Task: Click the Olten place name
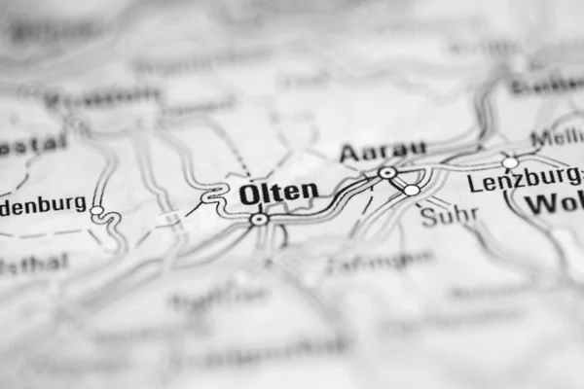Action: click(x=278, y=193)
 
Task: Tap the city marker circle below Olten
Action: click(x=259, y=220)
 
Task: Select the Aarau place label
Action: click(x=383, y=152)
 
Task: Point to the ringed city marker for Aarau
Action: click(x=387, y=173)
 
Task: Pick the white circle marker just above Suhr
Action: click(x=412, y=190)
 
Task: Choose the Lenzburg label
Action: click(x=522, y=181)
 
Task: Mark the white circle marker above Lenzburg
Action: click(x=510, y=162)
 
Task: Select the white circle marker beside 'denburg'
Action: click(x=96, y=210)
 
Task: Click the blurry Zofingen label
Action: click(x=380, y=261)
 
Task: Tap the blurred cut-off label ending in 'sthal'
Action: click(x=34, y=265)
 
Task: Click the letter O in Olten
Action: click(x=249, y=194)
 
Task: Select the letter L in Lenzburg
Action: click(x=473, y=182)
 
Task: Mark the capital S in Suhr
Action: click(x=427, y=217)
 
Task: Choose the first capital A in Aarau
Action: click(x=347, y=154)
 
